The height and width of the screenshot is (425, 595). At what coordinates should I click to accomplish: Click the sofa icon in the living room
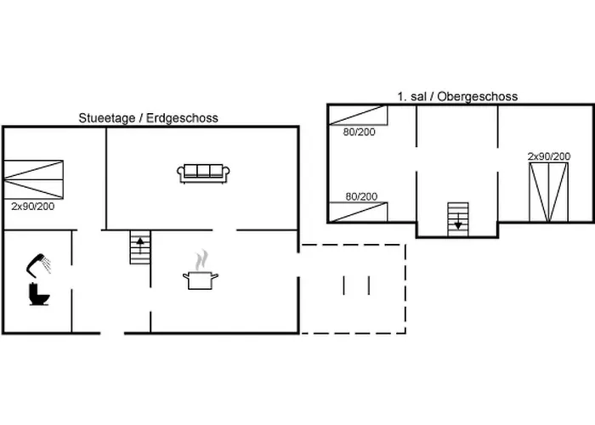coord(203,173)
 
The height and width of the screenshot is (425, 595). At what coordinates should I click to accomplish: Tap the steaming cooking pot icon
coord(201,270)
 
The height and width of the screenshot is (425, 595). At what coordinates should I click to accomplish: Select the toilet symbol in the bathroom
coord(39,294)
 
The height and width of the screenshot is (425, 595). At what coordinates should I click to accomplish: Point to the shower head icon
coord(39,263)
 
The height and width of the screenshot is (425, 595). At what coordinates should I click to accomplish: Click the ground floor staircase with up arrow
coord(140,247)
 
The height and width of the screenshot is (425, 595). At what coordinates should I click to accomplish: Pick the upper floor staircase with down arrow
coord(458,219)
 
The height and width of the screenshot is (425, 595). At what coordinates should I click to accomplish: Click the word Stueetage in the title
coord(106,118)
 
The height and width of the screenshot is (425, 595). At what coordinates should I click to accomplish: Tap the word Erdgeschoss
coord(182,118)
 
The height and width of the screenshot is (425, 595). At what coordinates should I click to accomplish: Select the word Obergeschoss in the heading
coord(478,97)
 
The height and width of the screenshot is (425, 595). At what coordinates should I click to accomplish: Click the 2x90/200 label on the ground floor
coord(32,207)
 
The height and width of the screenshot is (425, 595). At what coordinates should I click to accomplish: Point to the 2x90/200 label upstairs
coord(549,156)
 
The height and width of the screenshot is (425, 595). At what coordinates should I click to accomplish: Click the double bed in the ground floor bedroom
coord(33,179)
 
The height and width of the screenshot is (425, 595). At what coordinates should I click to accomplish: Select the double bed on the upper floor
coord(549,192)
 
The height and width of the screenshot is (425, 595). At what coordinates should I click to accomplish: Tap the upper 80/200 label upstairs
coord(359,132)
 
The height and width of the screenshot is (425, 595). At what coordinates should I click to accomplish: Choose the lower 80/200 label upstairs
coord(361,196)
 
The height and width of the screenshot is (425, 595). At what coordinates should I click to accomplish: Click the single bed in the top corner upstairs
coord(358,116)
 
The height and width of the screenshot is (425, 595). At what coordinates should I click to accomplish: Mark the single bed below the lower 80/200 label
coord(358,212)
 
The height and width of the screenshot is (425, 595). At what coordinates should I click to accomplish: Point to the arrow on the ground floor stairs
coord(140,245)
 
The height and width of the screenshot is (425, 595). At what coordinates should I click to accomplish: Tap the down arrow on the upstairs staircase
coord(458,221)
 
